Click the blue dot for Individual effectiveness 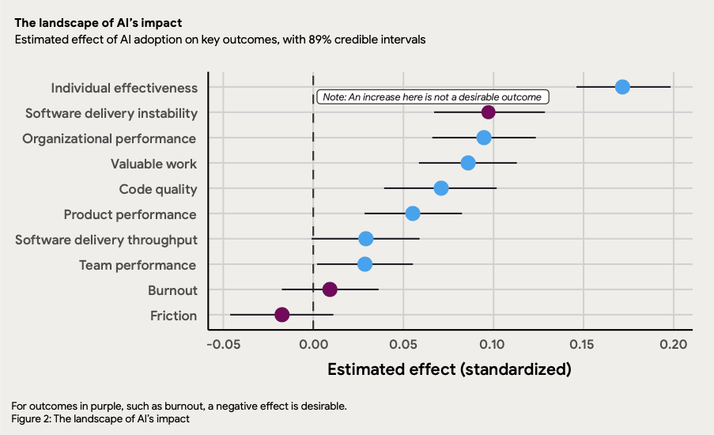point(622,87)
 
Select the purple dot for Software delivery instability point(489,112)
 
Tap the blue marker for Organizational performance point(484,138)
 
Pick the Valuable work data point point(468,163)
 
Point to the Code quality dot point(441,188)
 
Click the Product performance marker point(413,214)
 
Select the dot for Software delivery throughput point(366,239)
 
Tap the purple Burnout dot point(330,289)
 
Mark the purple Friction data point point(282,315)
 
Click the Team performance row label point(138,265)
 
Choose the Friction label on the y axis point(173,316)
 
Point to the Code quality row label point(158,189)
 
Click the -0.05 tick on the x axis point(224,344)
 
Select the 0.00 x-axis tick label point(313,344)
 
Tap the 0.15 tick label point(584,344)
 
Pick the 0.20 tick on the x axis point(674,344)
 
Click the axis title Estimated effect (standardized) point(449,369)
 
